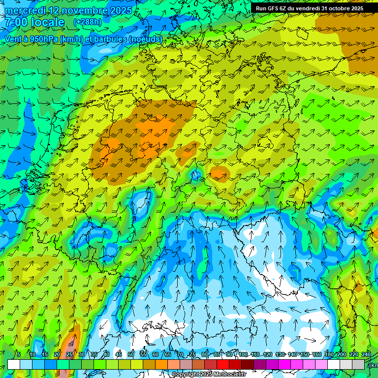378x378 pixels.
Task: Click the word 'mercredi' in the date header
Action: click(28, 10)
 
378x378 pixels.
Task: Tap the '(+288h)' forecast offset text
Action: click(88, 22)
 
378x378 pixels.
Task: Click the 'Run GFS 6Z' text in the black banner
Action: click(272, 8)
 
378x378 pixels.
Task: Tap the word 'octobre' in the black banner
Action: click(337, 8)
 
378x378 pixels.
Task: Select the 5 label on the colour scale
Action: click(19, 354)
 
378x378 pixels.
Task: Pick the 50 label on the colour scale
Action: click(131, 354)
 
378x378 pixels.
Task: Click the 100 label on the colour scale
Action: click(243, 354)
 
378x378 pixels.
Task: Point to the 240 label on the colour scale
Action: click(366, 354)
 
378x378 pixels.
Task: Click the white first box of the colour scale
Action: click(14, 364)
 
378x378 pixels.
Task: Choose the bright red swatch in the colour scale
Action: click(223, 364)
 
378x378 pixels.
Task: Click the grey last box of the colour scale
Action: click(358, 364)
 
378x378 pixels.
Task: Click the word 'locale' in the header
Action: click(47, 23)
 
